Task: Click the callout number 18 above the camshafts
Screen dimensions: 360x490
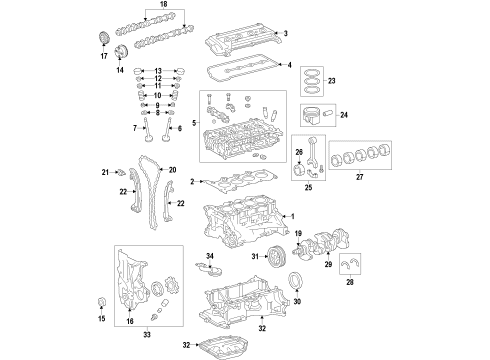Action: (150, 6)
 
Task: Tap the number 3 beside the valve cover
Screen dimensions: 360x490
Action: (286, 35)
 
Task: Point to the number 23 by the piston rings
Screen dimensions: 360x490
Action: (333, 81)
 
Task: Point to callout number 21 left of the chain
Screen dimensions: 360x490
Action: (118, 173)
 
